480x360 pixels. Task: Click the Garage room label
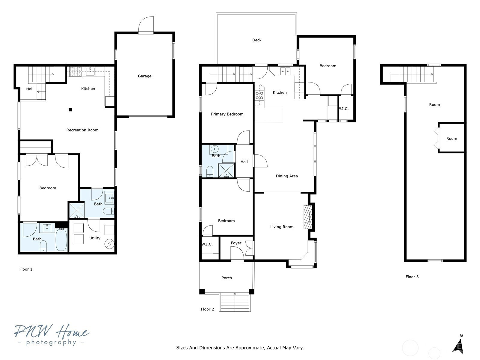point(145,76)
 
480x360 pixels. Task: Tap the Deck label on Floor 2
point(257,40)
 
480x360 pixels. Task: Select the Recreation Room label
point(82,130)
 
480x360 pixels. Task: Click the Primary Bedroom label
point(227,114)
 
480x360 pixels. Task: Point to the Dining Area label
point(287,176)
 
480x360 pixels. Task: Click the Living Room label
point(282,227)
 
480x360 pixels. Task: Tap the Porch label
point(227,278)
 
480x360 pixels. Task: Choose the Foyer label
point(236,243)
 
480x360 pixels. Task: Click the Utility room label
point(95,238)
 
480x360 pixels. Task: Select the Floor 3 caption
point(412,277)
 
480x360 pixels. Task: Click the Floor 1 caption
point(26,269)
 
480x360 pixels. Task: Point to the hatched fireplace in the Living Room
point(308,217)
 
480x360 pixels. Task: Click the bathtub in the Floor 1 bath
point(61,240)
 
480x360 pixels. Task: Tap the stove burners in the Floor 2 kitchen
point(259,95)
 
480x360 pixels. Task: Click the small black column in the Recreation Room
point(70,110)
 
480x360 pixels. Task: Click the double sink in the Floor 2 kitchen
point(285,71)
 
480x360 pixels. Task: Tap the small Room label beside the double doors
point(451,139)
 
